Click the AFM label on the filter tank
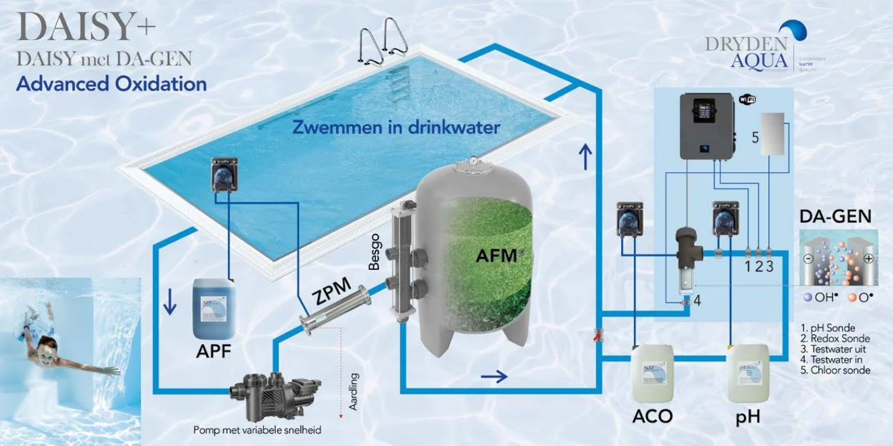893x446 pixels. (496, 255)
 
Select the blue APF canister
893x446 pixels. (214, 309)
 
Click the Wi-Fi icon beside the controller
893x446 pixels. (747, 99)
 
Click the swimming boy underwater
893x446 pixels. (51, 344)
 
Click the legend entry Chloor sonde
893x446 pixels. (839, 370)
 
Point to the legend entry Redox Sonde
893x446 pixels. (835, 339)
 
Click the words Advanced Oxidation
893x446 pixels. (111, 84)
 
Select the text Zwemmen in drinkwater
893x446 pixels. (396, 127)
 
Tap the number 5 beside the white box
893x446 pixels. (755, 137)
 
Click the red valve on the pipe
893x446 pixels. (599, 334)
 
